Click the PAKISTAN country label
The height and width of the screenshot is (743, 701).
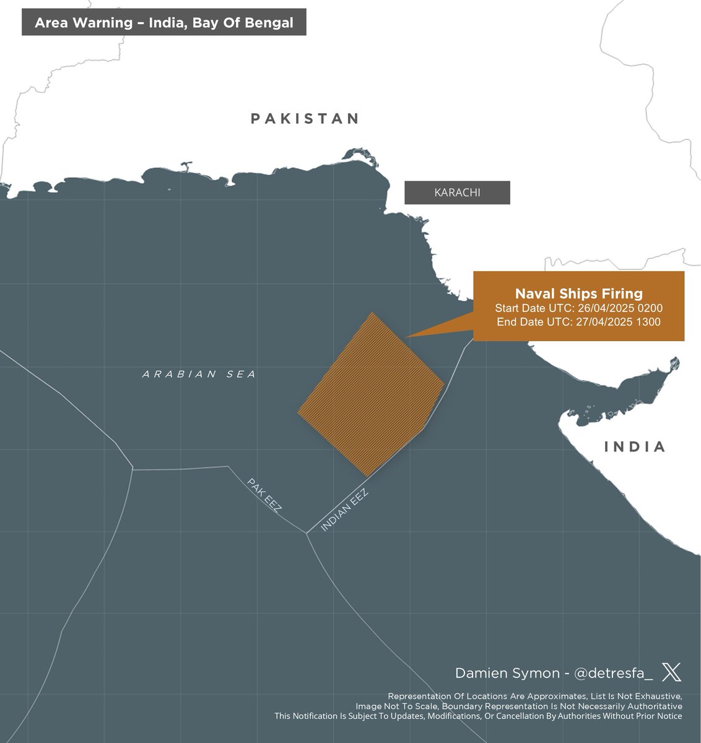click(305, 118)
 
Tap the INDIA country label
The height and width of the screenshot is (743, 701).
click(635, 446)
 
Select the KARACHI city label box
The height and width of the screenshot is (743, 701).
click(457, 193)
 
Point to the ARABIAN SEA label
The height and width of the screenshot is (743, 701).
click(199, 374)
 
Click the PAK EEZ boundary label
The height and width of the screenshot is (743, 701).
click(264, 495)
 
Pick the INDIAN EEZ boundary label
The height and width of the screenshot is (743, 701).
click(344, 510)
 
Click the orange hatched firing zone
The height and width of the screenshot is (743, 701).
click(370, 395)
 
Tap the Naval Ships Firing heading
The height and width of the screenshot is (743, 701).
click(578, 293)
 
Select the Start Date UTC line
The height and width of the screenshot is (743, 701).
click(578, 308)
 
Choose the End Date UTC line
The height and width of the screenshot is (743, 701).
click(578, 322)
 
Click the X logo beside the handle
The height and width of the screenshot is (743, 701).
click(671, 672)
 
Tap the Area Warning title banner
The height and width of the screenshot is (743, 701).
click(163, 23)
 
